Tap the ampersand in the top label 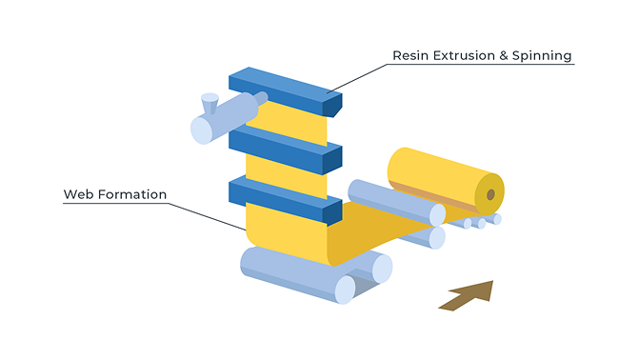click(504, 56)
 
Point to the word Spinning click(542, 56)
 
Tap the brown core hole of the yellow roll click(490, 194)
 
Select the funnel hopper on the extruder click(209, 103)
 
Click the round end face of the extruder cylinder click(202, 130)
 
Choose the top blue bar click(286, 91)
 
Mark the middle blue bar click(286, 150)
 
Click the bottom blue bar click(286, 201)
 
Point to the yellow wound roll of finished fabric click(446, 181)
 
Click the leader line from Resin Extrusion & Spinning click(358, 78)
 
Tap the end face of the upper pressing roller click(437, 215)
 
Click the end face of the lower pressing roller click(437, 238)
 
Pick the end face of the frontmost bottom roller click(345, 290)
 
